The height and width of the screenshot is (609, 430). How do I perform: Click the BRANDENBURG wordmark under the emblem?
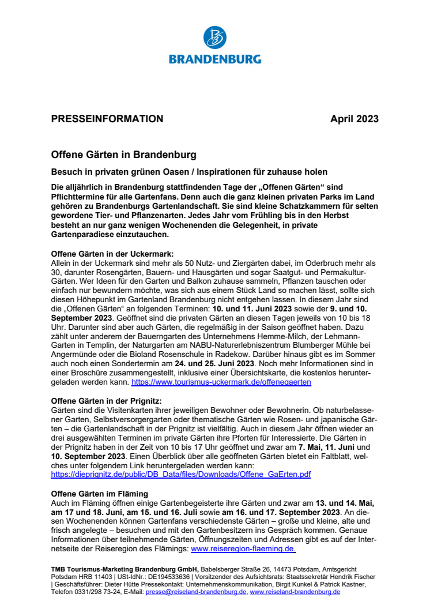tap(215, 59)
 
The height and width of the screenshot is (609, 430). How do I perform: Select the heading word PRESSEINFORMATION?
tap(107, 119)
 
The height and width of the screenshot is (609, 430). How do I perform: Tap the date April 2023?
tap(354, 119)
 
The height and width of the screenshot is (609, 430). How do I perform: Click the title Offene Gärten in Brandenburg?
tap(123, 155)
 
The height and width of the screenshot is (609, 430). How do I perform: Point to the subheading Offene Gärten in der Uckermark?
tap(112, 254)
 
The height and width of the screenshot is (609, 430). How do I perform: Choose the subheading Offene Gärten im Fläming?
tap(100, 494)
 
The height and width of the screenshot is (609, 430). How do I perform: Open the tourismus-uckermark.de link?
tap(221, 382)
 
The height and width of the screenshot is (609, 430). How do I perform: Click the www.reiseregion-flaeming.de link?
tap(243, 549)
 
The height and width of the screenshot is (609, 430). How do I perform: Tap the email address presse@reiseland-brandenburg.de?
tap(196, 592)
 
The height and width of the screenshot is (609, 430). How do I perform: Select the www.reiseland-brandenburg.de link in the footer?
tap(295, 592)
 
